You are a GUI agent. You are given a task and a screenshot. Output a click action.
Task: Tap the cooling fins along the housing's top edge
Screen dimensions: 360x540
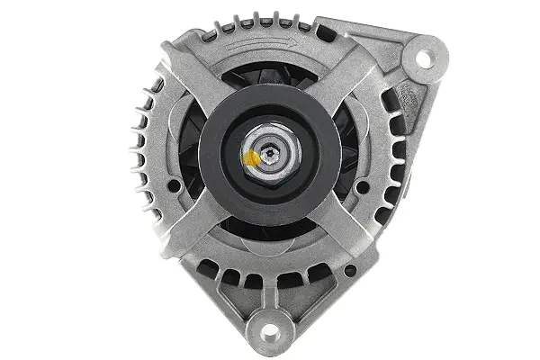[261, 22]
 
